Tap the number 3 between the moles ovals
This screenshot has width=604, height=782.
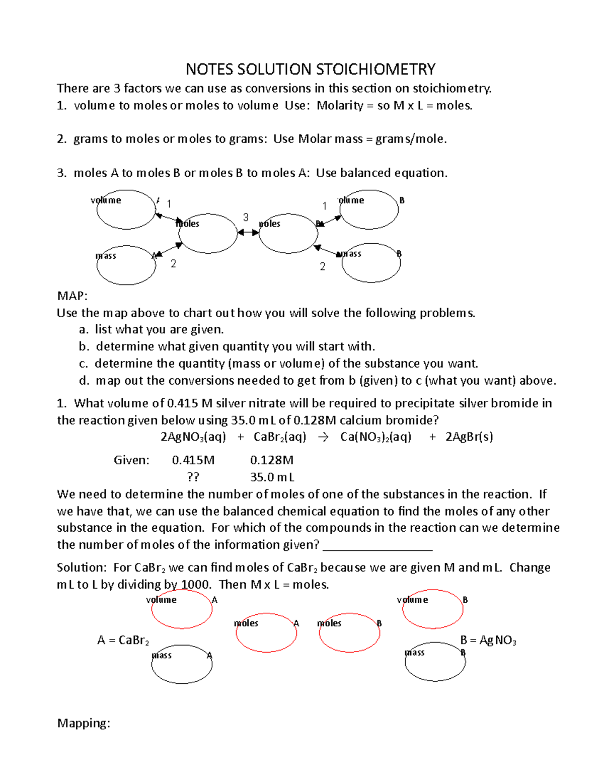point(246,218)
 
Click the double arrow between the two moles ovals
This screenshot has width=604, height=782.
point(248,233)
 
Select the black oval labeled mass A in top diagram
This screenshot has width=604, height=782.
point(126,265)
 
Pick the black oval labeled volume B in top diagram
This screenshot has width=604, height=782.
point(370,209)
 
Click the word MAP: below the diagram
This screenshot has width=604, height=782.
point(72,296)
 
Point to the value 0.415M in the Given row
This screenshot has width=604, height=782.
point(193,460)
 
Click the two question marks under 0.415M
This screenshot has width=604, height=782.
point(193,477)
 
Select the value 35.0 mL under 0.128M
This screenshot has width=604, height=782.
point(272,477)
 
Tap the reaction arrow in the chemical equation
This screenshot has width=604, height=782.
point(323,437)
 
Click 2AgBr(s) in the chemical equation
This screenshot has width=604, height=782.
point(469,437)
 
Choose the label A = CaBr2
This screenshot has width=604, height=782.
point(123,641)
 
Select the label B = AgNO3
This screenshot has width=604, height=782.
point(488,641)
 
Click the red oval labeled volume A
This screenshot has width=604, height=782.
point(182,609)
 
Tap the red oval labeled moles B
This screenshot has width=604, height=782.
point(349,633)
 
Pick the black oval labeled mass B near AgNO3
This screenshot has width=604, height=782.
point(435,662)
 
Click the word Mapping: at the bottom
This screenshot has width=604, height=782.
point(84,723)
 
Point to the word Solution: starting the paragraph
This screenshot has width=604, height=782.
point(82,567)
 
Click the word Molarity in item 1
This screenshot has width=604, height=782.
point(340,105)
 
